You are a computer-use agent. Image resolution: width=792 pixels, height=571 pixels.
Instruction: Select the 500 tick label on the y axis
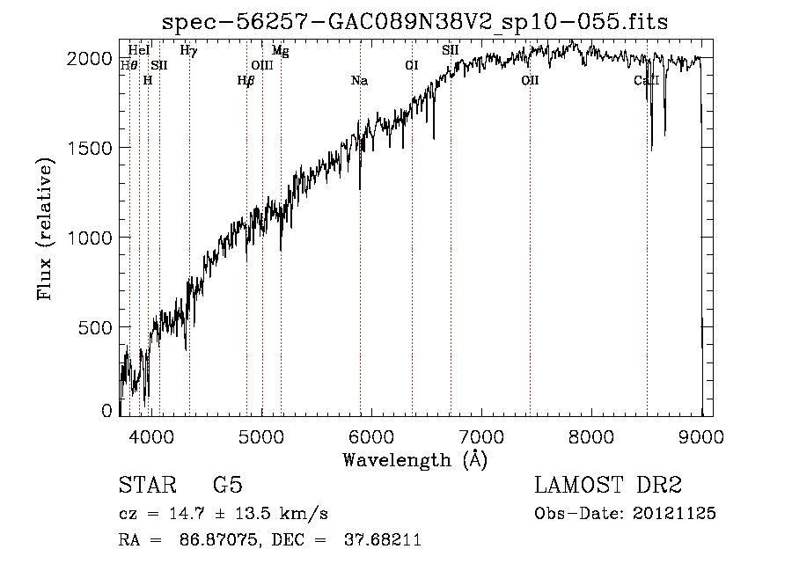97,327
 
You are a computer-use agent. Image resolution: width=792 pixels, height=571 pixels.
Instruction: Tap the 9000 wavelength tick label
701,436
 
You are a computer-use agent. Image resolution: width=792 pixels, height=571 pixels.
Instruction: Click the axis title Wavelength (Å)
414,460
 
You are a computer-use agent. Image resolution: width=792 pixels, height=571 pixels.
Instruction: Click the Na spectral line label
359,81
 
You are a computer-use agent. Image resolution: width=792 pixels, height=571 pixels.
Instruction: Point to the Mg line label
280,51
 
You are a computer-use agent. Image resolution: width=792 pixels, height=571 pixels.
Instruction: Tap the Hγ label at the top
188,51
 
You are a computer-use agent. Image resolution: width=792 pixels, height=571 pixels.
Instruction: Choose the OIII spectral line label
262,65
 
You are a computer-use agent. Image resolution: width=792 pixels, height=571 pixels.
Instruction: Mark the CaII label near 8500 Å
647,81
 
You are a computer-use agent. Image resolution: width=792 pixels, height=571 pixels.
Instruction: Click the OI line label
411,65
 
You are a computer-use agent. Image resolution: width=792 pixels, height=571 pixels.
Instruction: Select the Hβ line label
246,81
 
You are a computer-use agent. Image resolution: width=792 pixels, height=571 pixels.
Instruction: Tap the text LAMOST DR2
608,486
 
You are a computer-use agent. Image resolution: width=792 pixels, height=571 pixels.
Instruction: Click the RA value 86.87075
219,540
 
